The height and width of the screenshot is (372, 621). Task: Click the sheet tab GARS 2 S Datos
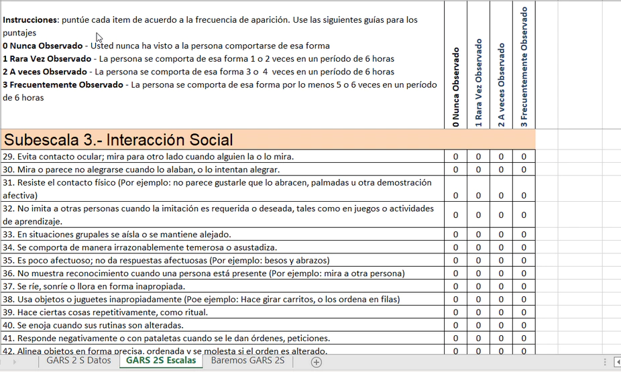tap(78, 361)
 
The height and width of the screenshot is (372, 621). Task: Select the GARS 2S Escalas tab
tap(161, 361)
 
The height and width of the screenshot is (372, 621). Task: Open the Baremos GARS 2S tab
tap(247, 361)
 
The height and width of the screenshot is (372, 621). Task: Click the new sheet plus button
tap(317, 361)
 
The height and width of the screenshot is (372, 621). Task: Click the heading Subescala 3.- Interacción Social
tap(119, 139)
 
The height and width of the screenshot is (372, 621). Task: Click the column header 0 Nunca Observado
tap(456, 87)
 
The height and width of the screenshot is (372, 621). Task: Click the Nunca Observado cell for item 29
tap(456, 157)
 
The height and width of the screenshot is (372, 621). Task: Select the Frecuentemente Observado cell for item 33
tap(524, 235)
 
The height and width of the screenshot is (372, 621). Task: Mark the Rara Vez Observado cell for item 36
tap(479, 273)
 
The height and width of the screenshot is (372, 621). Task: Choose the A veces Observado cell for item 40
tap(501, 325)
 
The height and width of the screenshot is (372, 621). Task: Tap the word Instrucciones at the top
tap(30, 20)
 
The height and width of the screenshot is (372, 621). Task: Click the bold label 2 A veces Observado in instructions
tap(45, 72)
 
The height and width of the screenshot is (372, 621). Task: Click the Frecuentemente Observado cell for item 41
tap(524, 338)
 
